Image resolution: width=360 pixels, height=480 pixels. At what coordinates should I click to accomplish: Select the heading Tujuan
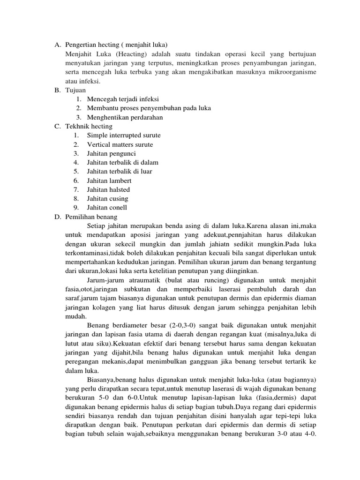point(76,90)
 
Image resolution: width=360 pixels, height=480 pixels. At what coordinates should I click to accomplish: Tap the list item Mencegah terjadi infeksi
point(123,99)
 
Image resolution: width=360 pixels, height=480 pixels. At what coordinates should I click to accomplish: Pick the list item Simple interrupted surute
point(123,135)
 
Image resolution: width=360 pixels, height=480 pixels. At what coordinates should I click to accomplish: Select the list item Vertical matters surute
point(120,144)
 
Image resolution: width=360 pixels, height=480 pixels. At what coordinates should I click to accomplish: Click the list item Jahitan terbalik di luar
point(119,172)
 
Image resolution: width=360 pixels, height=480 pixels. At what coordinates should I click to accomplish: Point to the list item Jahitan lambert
point(109,180)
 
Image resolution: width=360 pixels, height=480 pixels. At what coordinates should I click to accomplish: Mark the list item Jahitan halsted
point(108,190)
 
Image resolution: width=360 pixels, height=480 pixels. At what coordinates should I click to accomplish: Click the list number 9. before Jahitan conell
point(76,208)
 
